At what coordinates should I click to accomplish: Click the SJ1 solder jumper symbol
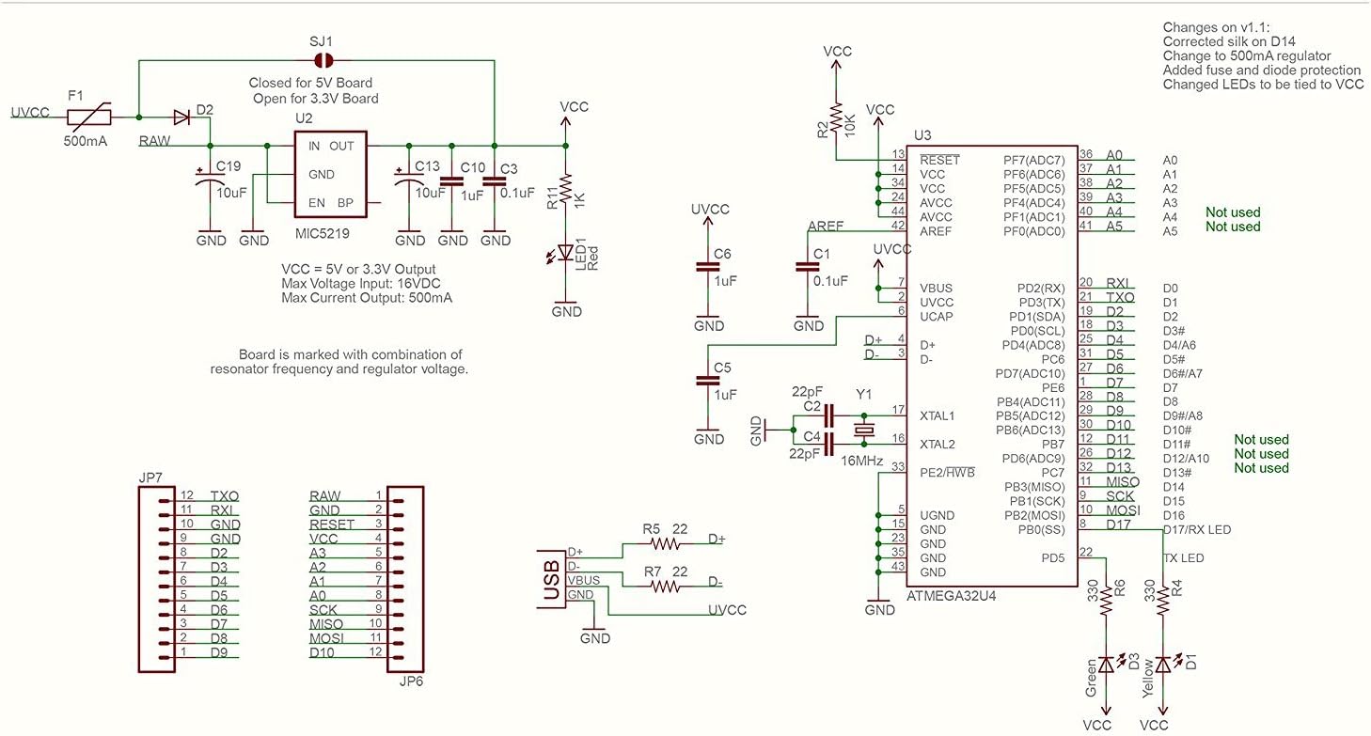point(321,60)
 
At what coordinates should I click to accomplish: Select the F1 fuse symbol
point(89,117)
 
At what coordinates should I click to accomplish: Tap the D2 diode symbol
point(181,117)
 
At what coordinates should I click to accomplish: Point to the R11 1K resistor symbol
point(565,192)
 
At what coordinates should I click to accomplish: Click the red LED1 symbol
point(565,252)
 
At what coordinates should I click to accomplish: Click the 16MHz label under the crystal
point(862,462)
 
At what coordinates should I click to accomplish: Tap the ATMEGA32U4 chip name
point(952,596)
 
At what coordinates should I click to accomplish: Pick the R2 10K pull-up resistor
point(834,111)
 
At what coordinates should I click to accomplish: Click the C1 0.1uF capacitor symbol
point(808,267)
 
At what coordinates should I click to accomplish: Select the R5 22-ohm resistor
point(664,543)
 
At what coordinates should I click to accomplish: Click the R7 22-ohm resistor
point(664,586)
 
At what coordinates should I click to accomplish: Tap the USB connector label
point(551,578)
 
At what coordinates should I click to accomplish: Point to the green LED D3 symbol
point(1106,665)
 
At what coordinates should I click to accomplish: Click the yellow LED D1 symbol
point(1164,665)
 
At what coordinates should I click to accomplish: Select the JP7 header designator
point(150,478)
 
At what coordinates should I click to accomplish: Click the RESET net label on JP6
point(332,525)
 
